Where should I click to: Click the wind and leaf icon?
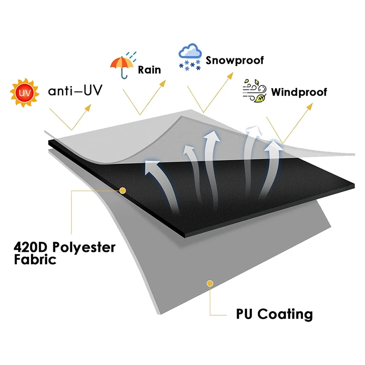(x=254, y=91)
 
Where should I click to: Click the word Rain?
(x=150, y=70)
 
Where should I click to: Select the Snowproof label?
(x=235, y=60)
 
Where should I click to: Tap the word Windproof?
(x=299, y=92)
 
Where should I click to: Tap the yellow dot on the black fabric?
(x=122, y=189)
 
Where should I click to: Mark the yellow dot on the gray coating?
(x=210, y=283)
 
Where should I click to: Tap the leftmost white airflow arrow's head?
(x=150, y=166)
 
